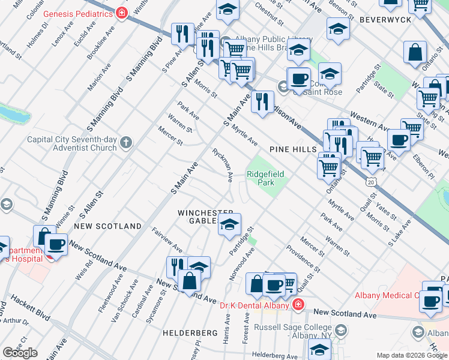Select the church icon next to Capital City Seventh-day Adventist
point(125,143)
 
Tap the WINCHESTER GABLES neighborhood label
point(205,217)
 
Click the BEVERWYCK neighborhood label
point(385,20)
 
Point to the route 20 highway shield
point(372,181)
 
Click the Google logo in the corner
point(20,353)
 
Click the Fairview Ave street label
point(167,239)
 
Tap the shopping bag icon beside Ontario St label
point(415,52)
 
